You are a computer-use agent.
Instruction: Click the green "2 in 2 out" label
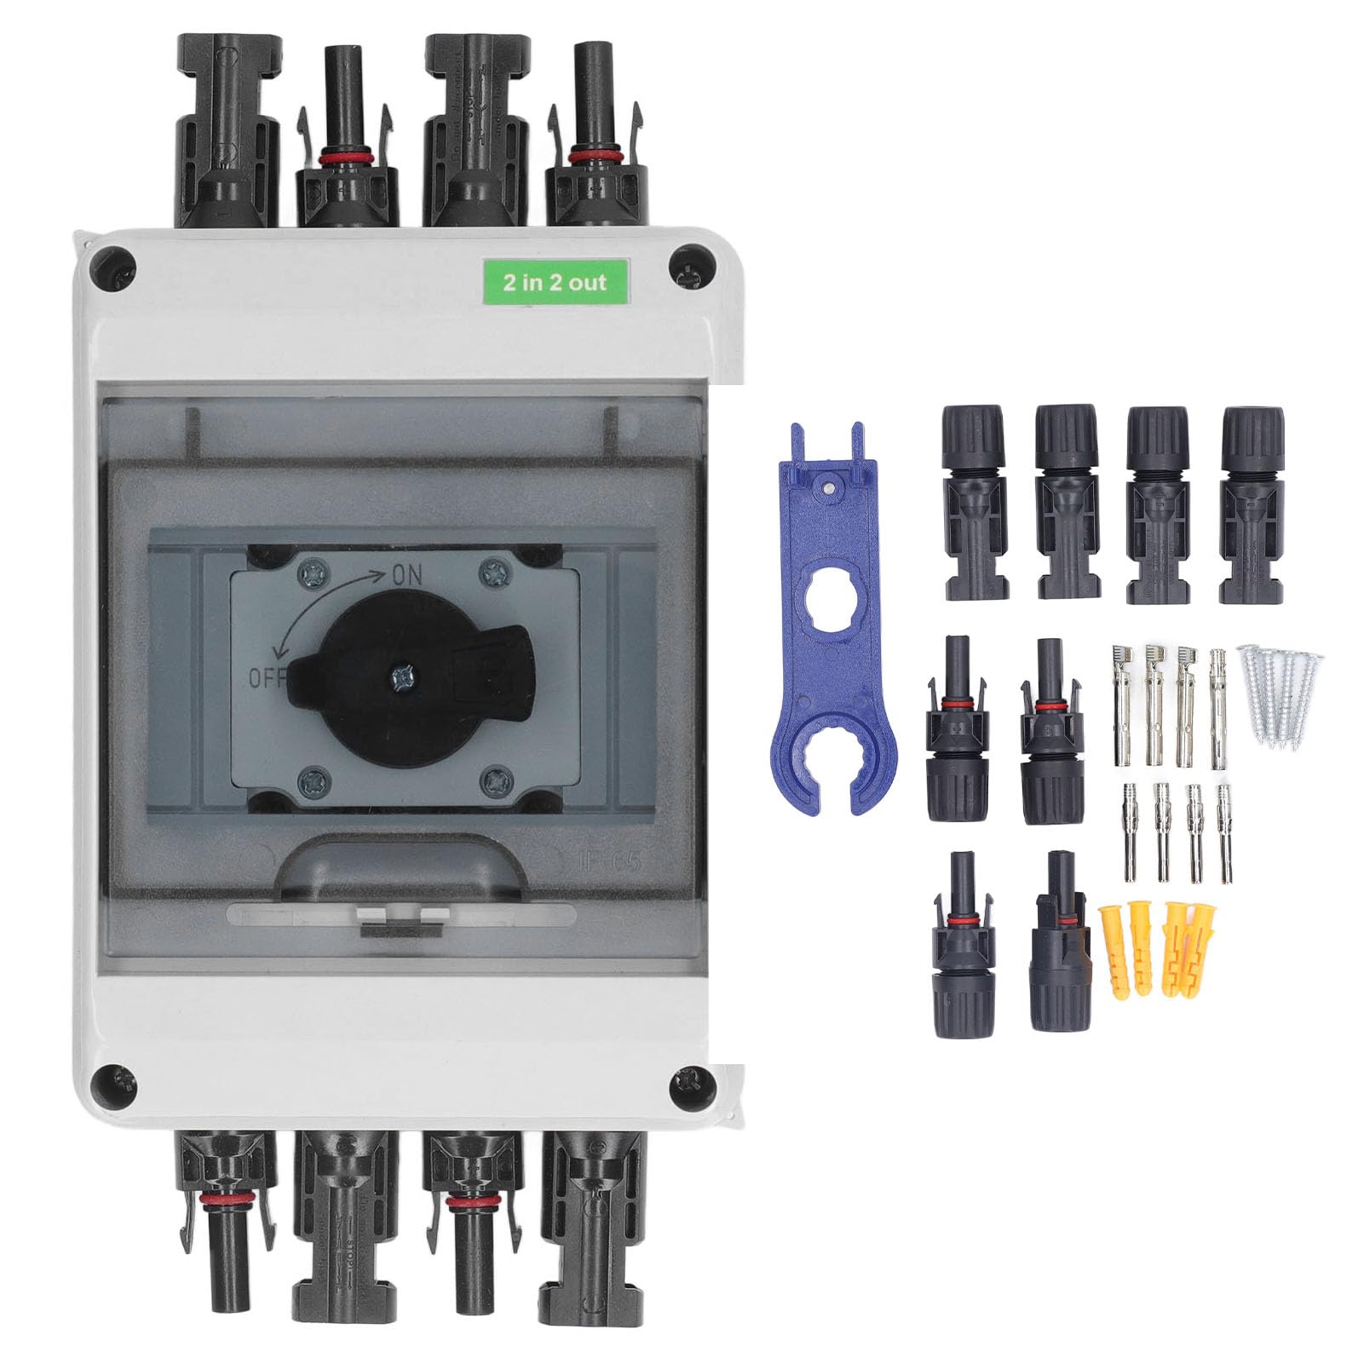(x=555, y=281)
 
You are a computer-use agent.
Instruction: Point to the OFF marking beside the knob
(x=265, y=678)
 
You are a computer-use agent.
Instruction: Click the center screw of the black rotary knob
(x=401, y=678)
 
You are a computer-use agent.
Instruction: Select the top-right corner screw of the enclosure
(x=691, y=264)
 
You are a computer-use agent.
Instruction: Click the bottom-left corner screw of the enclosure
(x=114, y=1082)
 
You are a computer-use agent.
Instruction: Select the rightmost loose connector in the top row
(x=1252, y=504)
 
